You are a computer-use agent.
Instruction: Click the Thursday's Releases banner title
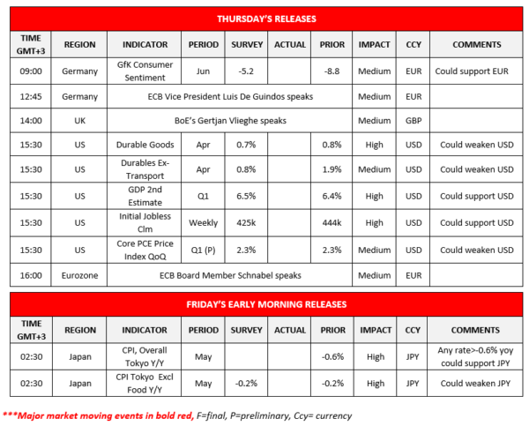tap(266, 18)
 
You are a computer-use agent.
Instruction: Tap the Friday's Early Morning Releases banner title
tap(266, 303)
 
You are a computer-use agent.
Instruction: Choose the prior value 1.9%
tap(332, 168)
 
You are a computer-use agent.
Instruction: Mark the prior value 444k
tap(332, 223)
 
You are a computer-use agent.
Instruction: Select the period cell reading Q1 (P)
tap(205, 250)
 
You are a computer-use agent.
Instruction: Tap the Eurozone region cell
tap(78, 274)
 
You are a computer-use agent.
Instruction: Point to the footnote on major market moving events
tap(176, 414)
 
